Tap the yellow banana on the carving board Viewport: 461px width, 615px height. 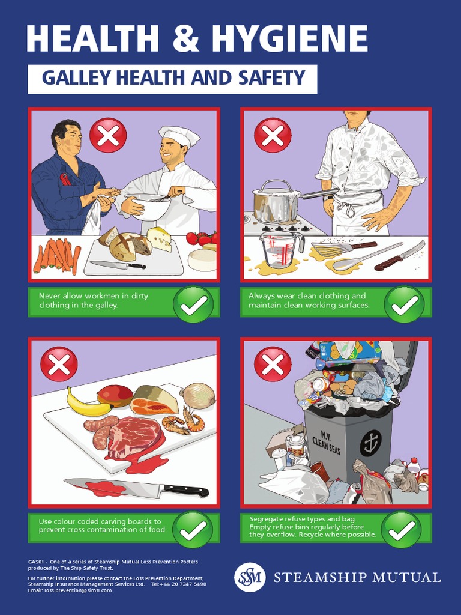tap(89, 402)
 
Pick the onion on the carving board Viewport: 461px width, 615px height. tap(199, 396)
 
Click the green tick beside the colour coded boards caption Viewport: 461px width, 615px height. tap(193, 530)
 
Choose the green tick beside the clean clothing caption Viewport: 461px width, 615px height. tap(404, 304)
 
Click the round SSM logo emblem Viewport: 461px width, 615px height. tap(250, 577)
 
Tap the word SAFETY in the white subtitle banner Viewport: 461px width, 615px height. tap(271, 78)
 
